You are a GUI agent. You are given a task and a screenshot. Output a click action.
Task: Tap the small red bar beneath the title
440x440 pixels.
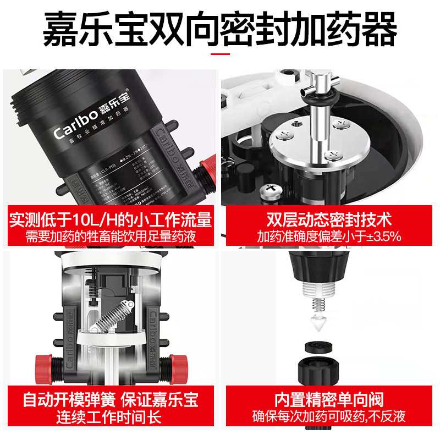coord(220,54)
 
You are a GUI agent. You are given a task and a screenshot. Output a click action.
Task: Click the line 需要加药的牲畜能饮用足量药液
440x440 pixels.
coord(111,237)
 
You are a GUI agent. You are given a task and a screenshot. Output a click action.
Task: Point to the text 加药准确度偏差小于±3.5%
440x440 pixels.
coord(329,237)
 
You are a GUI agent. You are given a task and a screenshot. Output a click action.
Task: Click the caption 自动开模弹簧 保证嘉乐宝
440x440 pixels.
coord(111,398)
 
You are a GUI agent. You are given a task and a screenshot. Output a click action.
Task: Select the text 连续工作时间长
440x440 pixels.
coord(111,416)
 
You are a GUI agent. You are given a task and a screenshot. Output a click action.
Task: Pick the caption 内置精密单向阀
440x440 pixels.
coord(329,398)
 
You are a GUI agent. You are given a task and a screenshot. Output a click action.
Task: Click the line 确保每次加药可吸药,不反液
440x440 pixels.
coord(329,416)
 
